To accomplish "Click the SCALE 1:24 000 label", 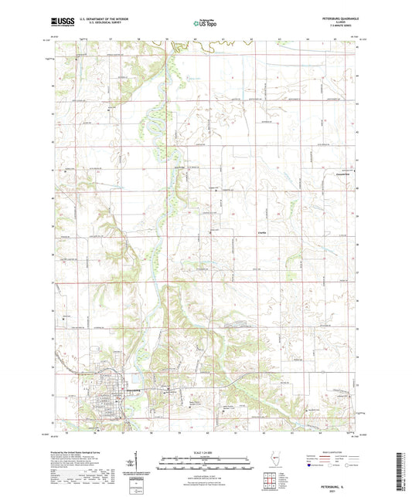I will [x=206, y=451].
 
